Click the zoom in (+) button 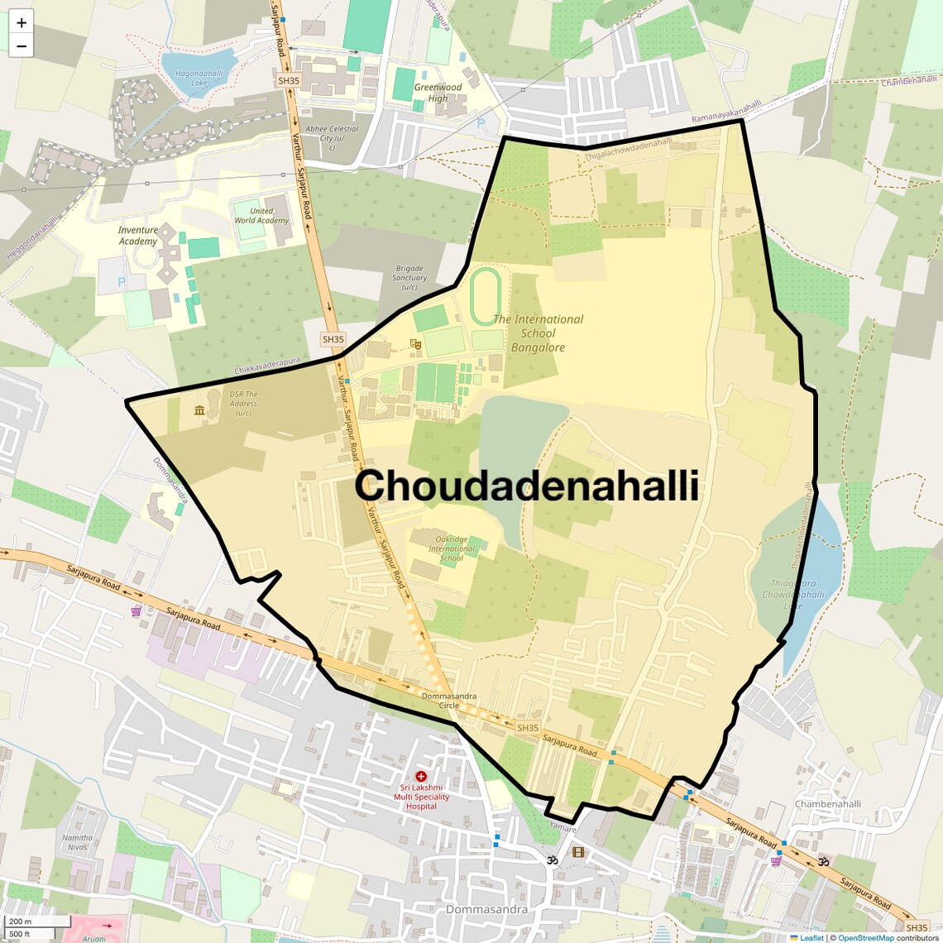point(22,23)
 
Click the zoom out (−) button point(22,46)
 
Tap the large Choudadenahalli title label point(526,486)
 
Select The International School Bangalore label point(538,333)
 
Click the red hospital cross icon point(421,777)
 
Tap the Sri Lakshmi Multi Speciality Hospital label point(421,797)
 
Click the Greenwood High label point(438,93)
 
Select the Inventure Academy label point(137,236)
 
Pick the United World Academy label point(261,216)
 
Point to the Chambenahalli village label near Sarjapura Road point(827,804)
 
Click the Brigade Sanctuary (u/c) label point(409,278)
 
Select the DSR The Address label point(243,404)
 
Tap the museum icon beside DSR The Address point(199,410)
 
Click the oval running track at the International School point(486,296)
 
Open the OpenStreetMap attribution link point(865,938)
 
